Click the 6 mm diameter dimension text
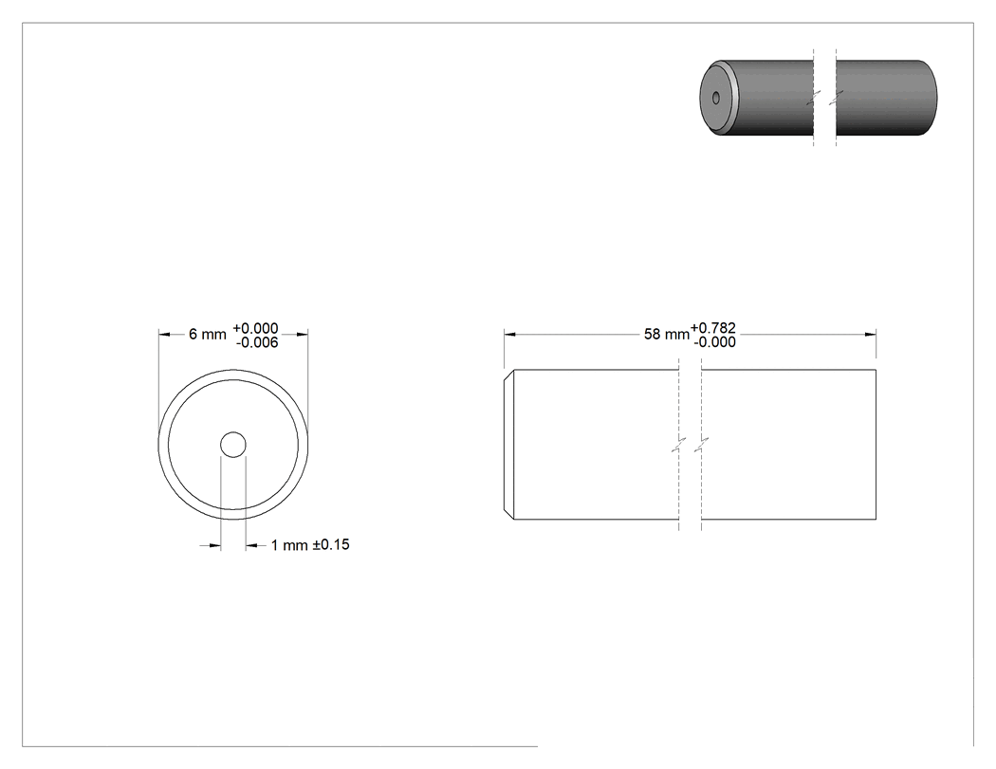pyautogui.click(x=207, y=334)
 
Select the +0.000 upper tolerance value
pyautogui.click(x=255, y=328)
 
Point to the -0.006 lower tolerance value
pyautogui.click(x=257, y=342)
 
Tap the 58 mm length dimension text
pyautogui.click(x=666, y=334)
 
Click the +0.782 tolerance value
pyautogui.click(x=713, y=328)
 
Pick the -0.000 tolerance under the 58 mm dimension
pyautogui.click(x=715, y=341)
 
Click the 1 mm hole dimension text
pyautogui.click(x=289, y=545)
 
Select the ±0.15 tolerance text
pyautogui.click(x=331, y=545)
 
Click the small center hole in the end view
pyautogui.click(x=233, y=445)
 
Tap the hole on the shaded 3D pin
pyautogui.click(x=716, y=98)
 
